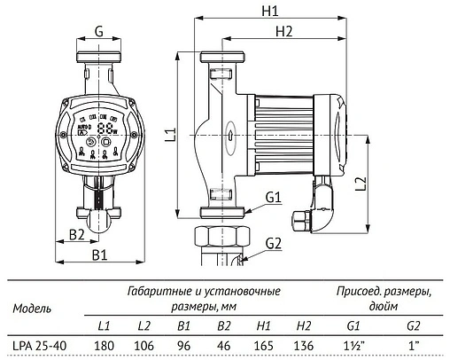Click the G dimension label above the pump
tap(98, 31)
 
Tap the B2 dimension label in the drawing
tap(77, 235)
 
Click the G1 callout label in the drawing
tap(272, 196)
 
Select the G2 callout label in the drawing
tap(272, 243)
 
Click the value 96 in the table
tap(186, 347)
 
